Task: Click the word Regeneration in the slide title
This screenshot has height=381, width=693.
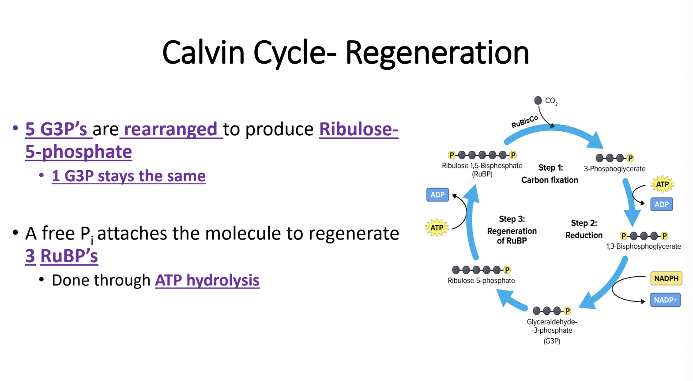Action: [x=437, y=53]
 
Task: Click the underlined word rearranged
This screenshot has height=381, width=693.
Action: [x=171, y=129]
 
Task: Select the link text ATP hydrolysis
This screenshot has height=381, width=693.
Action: [x=207, y=280]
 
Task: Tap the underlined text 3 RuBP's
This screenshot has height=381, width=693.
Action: [x=62, y=256]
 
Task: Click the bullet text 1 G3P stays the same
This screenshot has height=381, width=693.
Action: [x=128, y=176]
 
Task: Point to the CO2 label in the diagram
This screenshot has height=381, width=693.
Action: [x=551, y=101]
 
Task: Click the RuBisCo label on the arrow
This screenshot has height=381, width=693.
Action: [x=524, y=122]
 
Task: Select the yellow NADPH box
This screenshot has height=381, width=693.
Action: [x=666, y=278]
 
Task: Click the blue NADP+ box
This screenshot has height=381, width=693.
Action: [x=665, y=300]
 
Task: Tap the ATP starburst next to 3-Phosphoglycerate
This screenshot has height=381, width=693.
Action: [x=662, y=184]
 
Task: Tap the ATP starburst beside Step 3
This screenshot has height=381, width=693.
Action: [x=437, y=228]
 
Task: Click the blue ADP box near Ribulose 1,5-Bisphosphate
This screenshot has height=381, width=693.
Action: [x=437, y=195]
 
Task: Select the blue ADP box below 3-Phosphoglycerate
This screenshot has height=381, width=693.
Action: [x=661, y=204]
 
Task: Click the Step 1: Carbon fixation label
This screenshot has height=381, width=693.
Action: [x=550, y=174]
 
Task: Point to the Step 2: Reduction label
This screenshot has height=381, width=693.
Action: [x=584, y=229]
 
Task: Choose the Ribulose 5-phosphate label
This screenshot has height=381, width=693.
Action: [x=481, y=281]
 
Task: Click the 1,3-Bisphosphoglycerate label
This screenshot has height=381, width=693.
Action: [x=643, y=246]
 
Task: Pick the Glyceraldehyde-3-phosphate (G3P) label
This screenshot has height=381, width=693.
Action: [x=552, y=331]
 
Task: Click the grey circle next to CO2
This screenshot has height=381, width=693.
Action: [x=538, y=100]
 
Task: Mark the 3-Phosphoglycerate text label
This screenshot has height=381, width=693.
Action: [x=614, y=169]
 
